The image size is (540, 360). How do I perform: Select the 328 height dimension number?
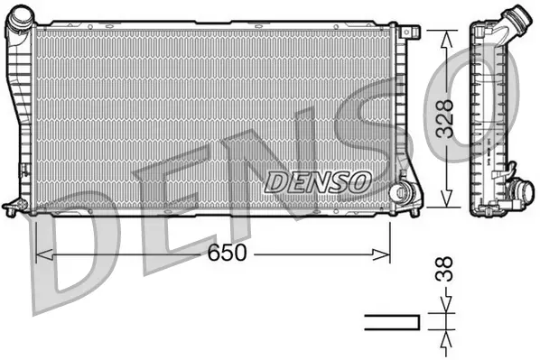pos(443,118)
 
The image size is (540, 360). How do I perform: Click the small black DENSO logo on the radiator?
pos(319,180)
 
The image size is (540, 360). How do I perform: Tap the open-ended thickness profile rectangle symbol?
pos(392,322)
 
